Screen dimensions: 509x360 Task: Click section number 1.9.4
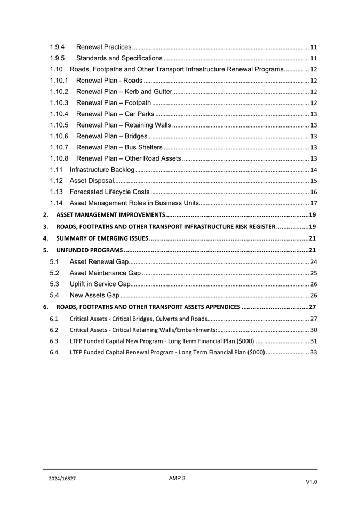(x=57, y=47)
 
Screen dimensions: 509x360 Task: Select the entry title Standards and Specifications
(x=119, y=58)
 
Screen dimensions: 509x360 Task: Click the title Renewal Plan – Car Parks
(x=116, y=114)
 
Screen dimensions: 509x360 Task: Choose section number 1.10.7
(x=59, y=147)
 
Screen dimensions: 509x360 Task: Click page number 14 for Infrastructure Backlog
(x=314, y=170)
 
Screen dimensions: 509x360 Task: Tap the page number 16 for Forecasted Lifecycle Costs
(x=314, y=192)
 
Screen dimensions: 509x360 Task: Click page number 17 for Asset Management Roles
(x=314, y=203)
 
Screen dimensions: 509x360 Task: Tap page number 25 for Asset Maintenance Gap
(x=314, y=273)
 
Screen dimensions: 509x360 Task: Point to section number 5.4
(x=54, y=295)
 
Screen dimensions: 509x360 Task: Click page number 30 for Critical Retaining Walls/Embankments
(x=314, y=330)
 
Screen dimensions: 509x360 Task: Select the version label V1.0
(x=311, y=482)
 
